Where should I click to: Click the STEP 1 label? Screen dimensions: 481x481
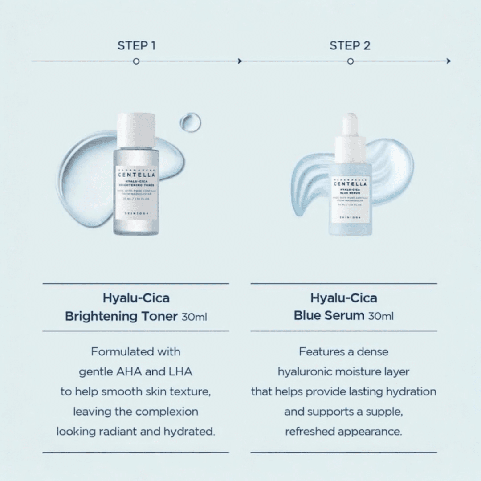136,45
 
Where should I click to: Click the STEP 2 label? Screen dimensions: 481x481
350,45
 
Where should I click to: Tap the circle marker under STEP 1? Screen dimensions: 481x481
136,61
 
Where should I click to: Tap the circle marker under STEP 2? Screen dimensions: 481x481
350,61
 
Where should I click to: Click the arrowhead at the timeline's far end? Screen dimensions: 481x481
448,61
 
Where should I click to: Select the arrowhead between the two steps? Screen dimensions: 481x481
240,61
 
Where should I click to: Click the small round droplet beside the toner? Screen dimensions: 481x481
190,122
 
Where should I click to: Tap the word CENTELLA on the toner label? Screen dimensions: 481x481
136,175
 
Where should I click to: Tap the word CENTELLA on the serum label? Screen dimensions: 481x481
351,183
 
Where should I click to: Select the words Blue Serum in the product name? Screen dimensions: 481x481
329,316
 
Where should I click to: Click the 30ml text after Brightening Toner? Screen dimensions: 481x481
194,317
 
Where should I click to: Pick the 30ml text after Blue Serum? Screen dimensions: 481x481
381,316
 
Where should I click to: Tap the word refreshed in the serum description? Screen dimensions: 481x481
310,432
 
